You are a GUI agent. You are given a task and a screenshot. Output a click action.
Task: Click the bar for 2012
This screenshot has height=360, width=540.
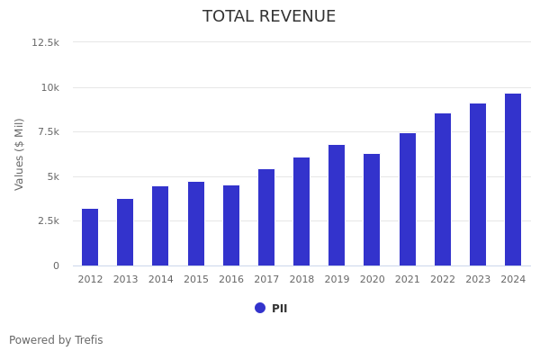click(x=90, y=238)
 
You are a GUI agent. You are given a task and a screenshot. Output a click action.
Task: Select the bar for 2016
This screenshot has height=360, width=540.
click(x=231, y=226)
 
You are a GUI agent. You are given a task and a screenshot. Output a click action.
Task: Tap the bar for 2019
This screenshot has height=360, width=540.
click(x=337, y=205)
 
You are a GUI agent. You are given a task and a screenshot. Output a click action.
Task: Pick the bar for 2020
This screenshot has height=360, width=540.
click(x=372, y=210)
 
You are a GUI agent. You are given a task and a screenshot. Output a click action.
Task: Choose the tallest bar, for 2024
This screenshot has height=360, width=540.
click(x=513, y=180)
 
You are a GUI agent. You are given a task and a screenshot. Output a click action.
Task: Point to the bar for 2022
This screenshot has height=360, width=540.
click(x=443, y=190)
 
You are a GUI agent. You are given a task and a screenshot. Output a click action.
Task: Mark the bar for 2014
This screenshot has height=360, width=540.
click(x=160, y=226)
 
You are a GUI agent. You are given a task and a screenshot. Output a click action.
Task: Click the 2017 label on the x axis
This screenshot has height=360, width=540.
click(x=266, y=280)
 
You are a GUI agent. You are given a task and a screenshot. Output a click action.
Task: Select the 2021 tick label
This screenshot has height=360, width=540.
click(x=408, y=280)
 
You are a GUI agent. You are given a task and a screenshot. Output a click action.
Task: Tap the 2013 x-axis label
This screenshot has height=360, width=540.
click(x=125, y=280)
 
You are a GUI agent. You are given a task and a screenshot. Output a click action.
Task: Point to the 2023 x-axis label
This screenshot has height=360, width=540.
click(x=478, y=280)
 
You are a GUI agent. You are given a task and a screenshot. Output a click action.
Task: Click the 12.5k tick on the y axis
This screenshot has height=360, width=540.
click(x=46, y=42)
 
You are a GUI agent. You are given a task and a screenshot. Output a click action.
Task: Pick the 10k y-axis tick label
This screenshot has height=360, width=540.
click(x=49, y=87)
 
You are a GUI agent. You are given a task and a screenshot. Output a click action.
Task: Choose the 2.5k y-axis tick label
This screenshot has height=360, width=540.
click(x=47, y=221)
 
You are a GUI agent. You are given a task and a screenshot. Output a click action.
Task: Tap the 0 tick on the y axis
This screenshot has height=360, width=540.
click(x=56, y=265)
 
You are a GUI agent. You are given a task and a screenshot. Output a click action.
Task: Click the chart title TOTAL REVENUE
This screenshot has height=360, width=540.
click(x=269, y=17)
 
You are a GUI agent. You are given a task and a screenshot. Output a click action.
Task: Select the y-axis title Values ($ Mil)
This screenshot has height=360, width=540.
click(x=20, y=154)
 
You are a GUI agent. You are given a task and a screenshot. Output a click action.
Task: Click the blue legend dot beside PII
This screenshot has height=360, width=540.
click(x=260, y=308)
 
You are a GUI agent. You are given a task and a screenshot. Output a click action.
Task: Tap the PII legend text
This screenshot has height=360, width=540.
click(x=280, y=309)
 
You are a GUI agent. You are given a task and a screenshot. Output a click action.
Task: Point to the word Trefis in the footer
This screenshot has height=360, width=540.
click(x=88, y=341)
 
